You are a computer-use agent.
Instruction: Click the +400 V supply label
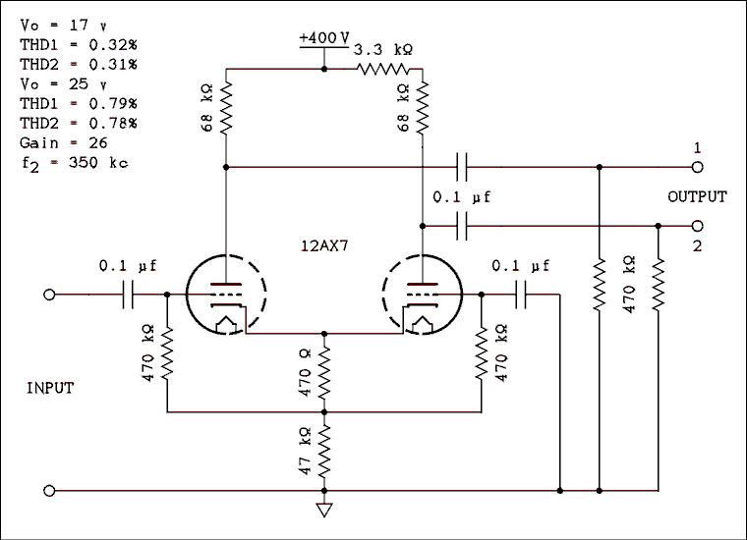[325, 37]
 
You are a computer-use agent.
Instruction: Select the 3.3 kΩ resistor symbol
[389, 69]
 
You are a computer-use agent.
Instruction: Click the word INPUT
[49, 389]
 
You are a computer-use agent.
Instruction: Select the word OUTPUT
[697, 196]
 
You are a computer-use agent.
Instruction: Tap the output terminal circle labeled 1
[697, 167]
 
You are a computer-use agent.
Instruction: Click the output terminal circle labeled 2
[697, 226]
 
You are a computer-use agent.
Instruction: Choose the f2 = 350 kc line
[73, 163]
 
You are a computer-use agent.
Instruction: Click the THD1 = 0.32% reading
[78, 44]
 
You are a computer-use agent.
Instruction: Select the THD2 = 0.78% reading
[78, 123]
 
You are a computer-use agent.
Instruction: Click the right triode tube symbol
[423, 295]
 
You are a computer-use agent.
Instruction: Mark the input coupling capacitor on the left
[129, 295]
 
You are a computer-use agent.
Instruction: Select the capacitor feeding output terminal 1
[462, 167]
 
